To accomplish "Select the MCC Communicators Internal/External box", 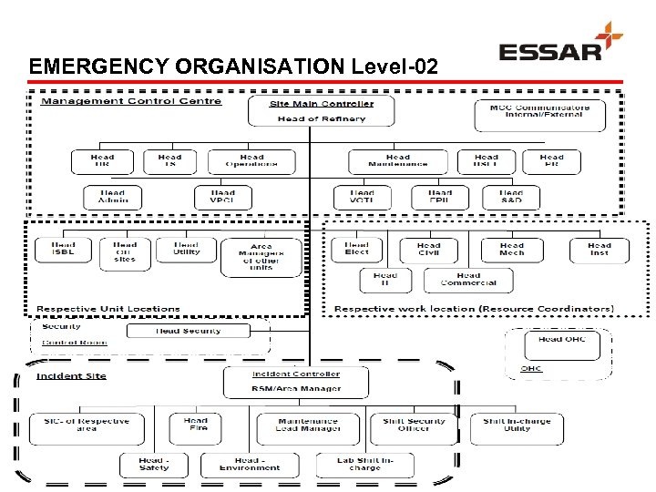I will pos(539,113).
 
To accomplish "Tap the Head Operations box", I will pos(252,161).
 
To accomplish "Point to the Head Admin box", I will pos(113,197).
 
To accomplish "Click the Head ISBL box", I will pos(64,249).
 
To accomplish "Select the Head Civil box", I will pos(428,250).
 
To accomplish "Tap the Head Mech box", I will pos(512,250).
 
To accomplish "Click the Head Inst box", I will pos(599,250).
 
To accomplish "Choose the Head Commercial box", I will pos(468,279).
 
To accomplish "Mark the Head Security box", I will pos(189,331).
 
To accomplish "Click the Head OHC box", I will pos(562,342).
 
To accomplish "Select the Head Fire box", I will pos(196,425).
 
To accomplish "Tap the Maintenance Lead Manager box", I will pos(309,425).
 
